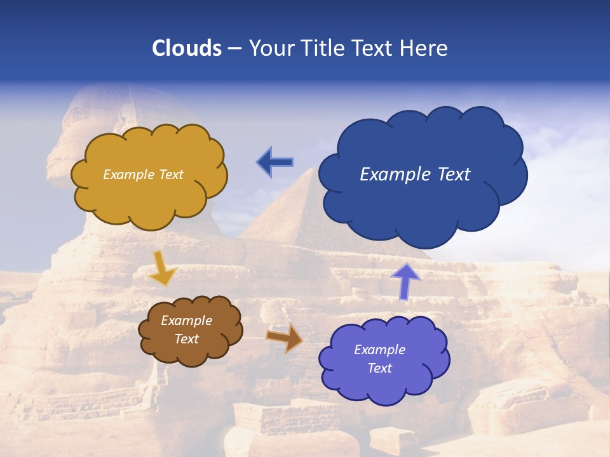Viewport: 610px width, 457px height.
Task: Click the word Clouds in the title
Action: tap(187, 48)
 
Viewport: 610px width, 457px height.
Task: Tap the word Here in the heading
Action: tap(424, 48)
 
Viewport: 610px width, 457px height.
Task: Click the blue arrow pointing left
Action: tap(274, 162)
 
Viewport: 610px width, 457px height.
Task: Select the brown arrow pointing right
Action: tap(285, 337)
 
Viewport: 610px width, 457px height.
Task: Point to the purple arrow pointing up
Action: tap(405, 281)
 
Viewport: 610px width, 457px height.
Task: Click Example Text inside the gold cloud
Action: tap(143, 175)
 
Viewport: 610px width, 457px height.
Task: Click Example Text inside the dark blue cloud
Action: tap(415, 175)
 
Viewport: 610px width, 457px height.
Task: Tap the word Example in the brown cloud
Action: tap(186, 321)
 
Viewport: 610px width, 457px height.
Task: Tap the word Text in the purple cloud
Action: tap(380, 368)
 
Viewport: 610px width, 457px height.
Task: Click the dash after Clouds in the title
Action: tap(234, 49)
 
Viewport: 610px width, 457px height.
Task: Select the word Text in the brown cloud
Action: tap(186, 339)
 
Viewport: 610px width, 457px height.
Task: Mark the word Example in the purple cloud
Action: tap(379, 350)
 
